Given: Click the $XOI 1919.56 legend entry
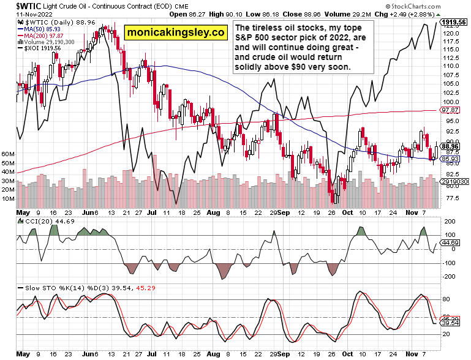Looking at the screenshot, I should [34, 48].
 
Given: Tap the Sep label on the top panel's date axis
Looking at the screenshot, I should [282, 215].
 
